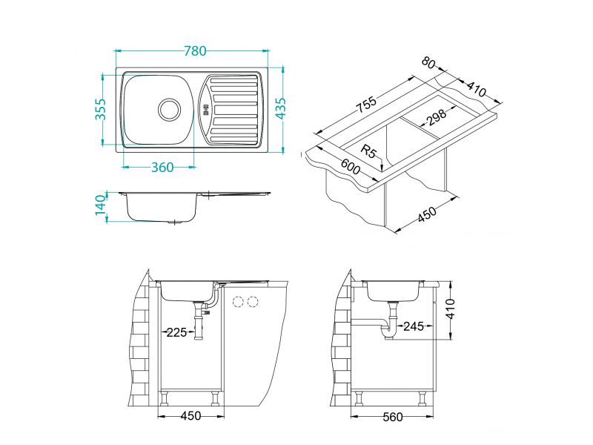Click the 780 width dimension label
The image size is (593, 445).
[x=195, y=50]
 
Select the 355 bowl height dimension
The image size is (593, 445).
[x=100, y=109]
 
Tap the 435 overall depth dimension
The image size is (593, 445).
[x=281, y=108]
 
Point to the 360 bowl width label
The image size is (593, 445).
[x=162, y=167]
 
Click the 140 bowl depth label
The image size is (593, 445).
[x=100, y=205]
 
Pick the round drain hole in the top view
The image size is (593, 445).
[x=169, y=109]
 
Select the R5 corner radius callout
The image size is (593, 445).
[x=369, y=151]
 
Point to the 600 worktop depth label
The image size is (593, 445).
[x=351, y=167]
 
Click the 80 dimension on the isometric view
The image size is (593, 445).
[x=428, y=62]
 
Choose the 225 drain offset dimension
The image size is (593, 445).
[x=176, y=332]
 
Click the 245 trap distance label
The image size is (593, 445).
[x=414, y=326]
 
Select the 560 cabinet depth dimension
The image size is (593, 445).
[x=393, y=417]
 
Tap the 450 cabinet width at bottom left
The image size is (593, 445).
[x=191, y=416]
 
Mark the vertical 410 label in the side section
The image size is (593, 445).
[x=450, y=309]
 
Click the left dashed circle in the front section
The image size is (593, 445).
[x=238, y=302]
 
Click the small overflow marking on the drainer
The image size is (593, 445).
[x=206, y=113]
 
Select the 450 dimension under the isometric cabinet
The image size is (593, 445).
[x=428, y=214]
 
